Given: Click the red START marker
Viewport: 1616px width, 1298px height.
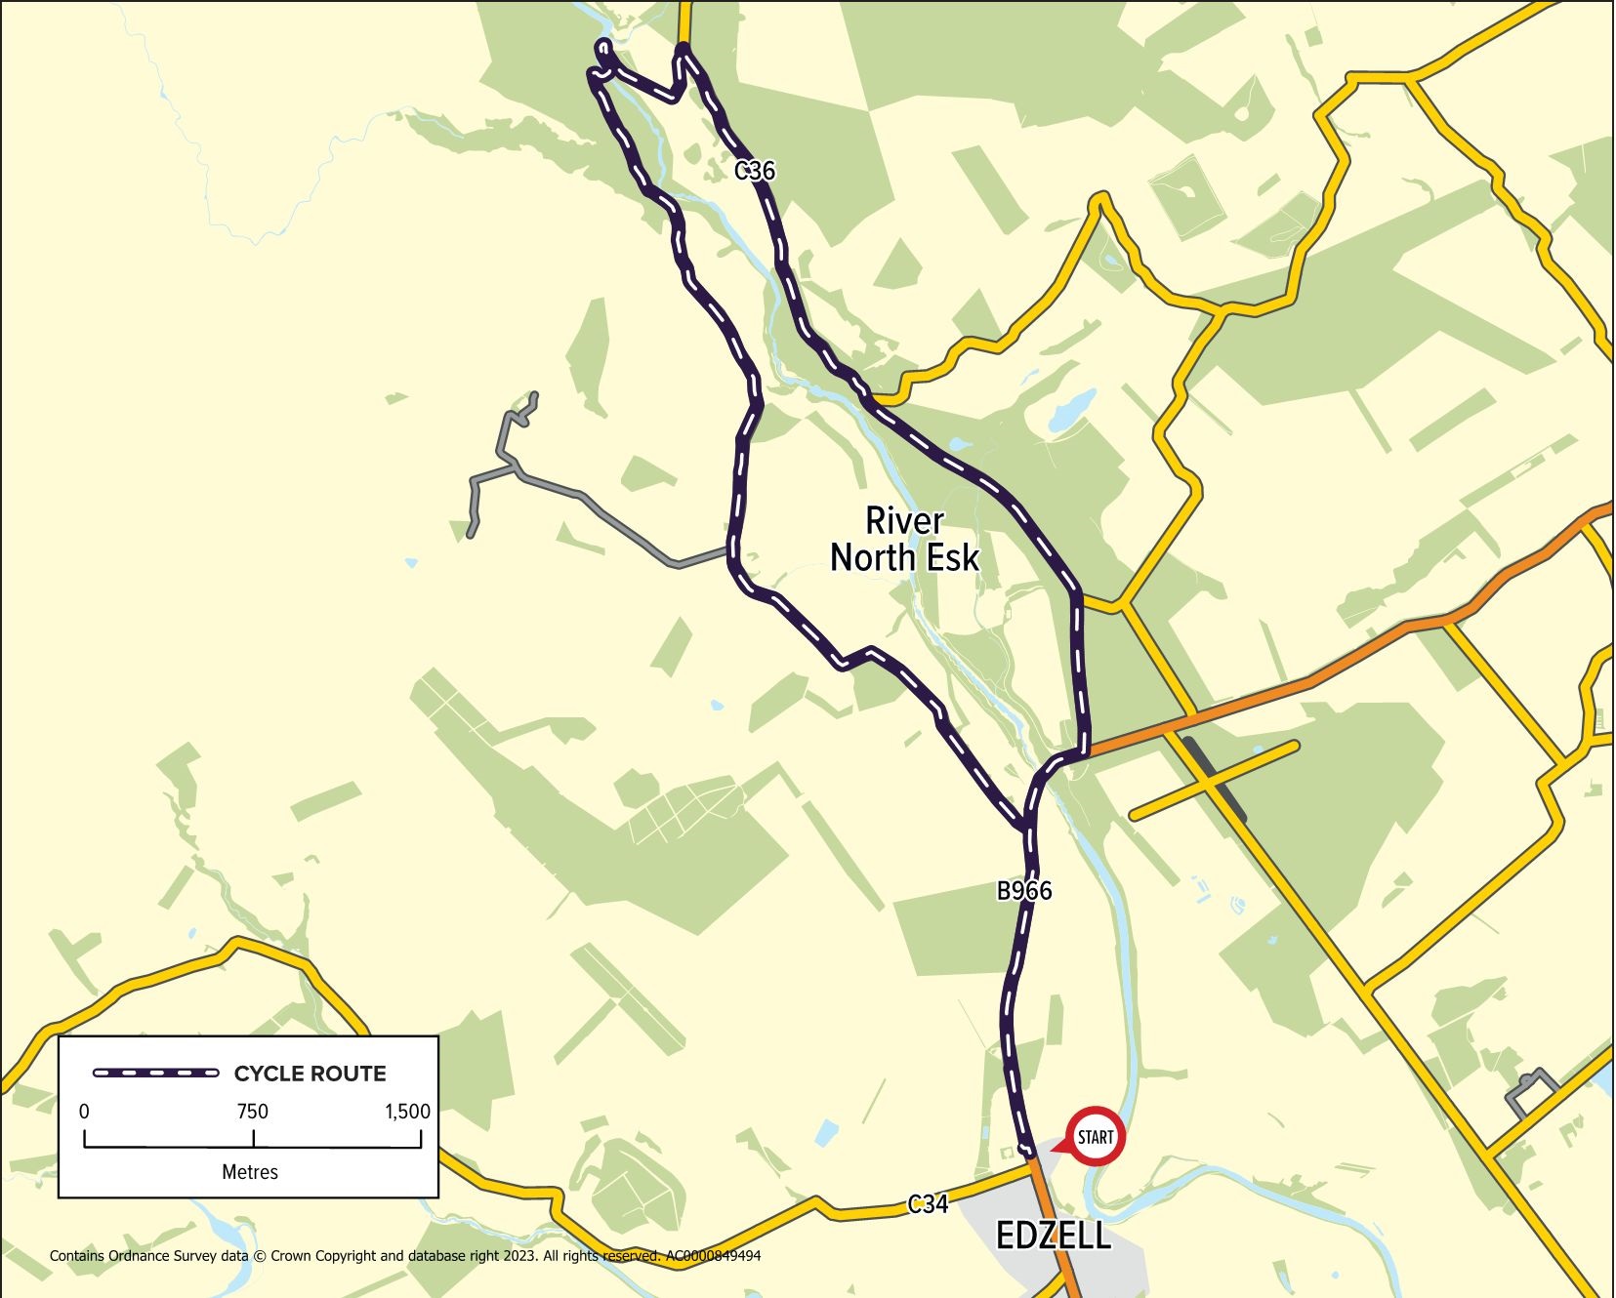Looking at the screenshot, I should [1095, 1136].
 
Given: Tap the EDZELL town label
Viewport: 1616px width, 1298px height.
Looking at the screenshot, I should [1053, 1237].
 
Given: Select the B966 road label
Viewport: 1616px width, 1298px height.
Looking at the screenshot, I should [1023, 890].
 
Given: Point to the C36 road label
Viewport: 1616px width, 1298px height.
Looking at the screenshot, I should [755, 171].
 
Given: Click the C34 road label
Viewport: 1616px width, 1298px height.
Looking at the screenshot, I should [928, 1204].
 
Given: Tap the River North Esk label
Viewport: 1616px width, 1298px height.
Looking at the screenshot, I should [904, 539].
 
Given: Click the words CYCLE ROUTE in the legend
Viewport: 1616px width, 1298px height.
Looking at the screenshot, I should [310, 1074].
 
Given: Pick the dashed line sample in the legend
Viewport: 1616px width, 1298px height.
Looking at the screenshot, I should [156, 1074].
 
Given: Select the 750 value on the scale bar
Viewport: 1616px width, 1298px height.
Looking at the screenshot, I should [252, 1112].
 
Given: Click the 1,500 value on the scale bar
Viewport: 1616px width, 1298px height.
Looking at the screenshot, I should [407, 1112].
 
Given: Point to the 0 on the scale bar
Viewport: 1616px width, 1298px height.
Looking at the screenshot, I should [84, 1112].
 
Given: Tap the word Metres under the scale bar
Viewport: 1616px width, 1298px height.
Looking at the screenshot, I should [250, 1172].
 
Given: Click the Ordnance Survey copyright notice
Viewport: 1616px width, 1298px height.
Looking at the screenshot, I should [404, 1256].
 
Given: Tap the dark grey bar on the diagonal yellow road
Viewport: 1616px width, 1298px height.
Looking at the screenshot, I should [1215, 779].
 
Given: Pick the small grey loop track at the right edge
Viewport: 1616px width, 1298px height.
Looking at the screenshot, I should [1529, 1091].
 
